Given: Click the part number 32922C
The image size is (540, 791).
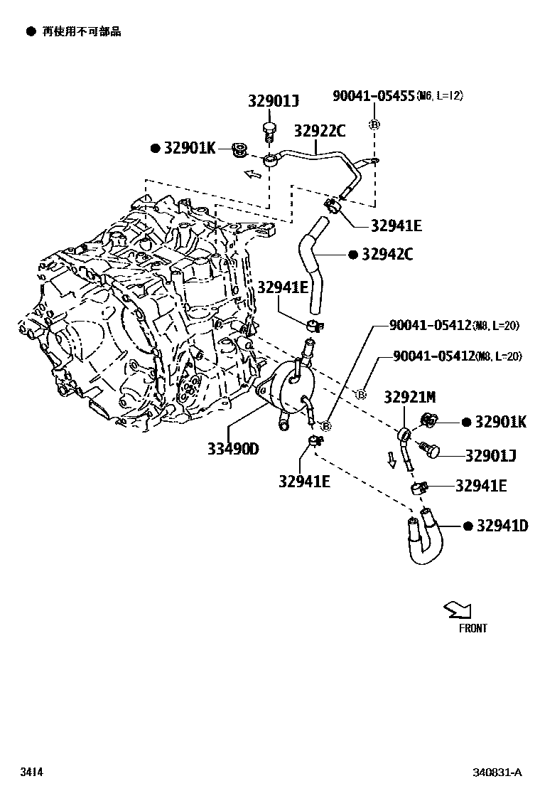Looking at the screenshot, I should point(320,131).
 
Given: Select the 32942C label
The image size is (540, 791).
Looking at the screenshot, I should point(387,255).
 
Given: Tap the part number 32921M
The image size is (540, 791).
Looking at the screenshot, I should point(410,396).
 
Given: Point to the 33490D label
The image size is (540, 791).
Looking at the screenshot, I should point(233,449).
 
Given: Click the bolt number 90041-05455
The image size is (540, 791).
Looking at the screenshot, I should point(374,96).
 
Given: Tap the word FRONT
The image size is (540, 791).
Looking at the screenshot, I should point(472,628).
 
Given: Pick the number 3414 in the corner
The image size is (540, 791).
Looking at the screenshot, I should point(30,772).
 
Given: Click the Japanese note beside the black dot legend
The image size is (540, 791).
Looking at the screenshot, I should point(82,32).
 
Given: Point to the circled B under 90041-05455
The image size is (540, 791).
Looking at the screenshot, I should point(374,125).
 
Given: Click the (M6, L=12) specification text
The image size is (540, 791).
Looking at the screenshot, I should point(440,96).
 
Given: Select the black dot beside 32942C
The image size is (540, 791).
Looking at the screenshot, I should point(352,255).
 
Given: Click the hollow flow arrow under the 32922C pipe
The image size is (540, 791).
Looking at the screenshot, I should point(252,174).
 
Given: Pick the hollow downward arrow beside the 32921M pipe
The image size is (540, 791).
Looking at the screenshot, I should point(391,461).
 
